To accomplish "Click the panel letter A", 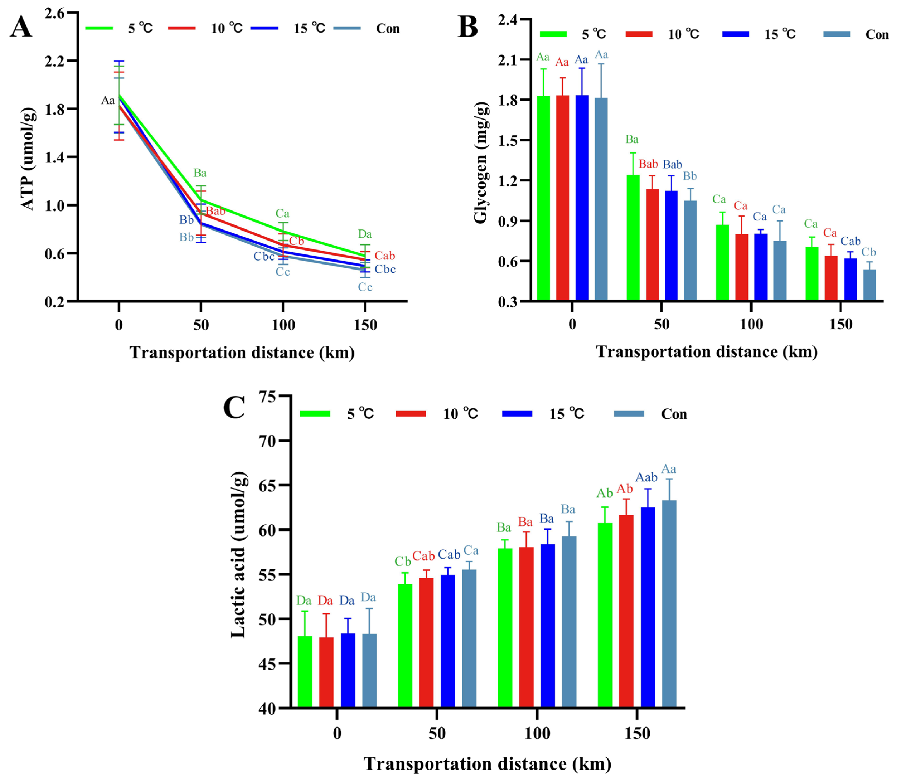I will click(21, 27).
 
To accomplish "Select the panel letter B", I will click(467, 27).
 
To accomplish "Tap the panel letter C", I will click(234, 408).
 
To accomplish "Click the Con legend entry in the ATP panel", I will click(387, 29).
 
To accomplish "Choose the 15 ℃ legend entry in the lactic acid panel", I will click(566, 414).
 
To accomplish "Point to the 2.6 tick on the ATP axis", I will click(54, 13).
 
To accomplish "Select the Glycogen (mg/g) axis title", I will click(481, 162).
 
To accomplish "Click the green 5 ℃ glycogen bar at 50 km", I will click(633, 237).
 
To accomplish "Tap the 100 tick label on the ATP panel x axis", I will click(283, 325).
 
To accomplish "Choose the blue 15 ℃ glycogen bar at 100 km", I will click(761, 267).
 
